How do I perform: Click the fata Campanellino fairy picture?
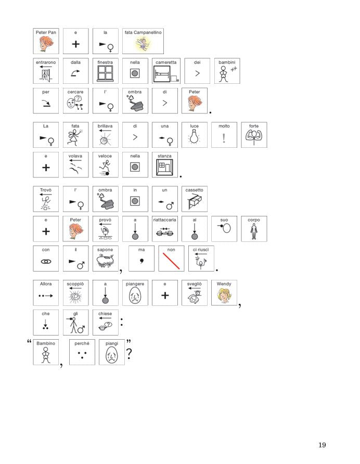pyautogui.click(x=143, y=44)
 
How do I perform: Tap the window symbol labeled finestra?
pyautogui.click(x=105, y=73)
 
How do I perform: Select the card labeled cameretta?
pyautogui.click(x=166, y=71)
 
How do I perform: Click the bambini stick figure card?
pyautogui.click(x=227, y=71)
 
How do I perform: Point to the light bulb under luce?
pyautogui.click(x=194, y=137)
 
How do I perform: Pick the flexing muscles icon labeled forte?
pyautogui.click(x=254, y=137)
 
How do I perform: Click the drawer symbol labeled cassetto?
pyautogui.click(x=195, y=202)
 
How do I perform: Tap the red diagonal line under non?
pyautogui.click(x=171, y=261)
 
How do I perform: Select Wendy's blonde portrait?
pyautogui.click(x=224, y=295)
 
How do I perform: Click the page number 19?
pyautogui.click(x=322, y=445)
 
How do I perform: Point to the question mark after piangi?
pyautogui.click(x=129, y=353)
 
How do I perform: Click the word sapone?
pyautogui.click(x=105, y=250)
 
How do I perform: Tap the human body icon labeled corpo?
pyautogui.click(x=254, y=231)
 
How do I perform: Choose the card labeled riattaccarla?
pyautogui.click(x=164, y=229)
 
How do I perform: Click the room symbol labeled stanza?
pyautogui.click(x=164, y=167)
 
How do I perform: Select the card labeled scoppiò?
pyautogui.click(x=75, y=293)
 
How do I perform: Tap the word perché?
pyautogui.click(x=82, y=343)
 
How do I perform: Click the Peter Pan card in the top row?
pyautogui.click(x=46, y=41)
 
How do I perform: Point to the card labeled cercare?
pyautogui.click(x=75, y=100)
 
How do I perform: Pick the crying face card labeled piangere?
pyautogui.click(x=135, y=293)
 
